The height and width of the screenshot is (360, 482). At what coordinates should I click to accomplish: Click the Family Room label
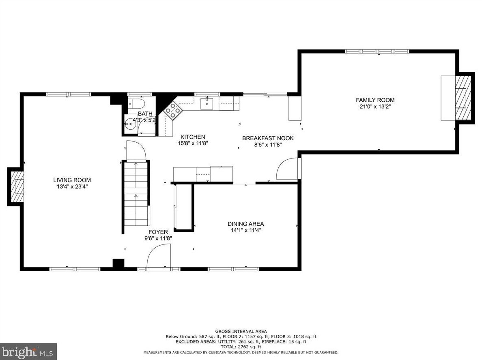pyautogui.click(x=375, y=100)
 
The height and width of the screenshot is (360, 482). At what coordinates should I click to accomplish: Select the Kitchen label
pyautogui.click(x=193, y=137)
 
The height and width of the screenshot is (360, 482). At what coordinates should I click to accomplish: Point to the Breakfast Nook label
pyautogui.click(x=268, y=138)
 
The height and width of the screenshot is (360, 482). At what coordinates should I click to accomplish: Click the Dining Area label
pyautogui.click(x=245, y=224)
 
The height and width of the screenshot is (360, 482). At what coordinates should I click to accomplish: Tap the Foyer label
pyautogui.click(x=158, y=232)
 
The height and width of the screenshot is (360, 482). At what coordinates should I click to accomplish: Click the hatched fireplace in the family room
pyautogui.click(x=463, y=98)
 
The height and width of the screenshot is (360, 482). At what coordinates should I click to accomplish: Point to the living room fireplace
pyautogui.click(x=17, y=186)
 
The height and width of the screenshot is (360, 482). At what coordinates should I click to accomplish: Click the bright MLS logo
pyautogui.click(x=28, y=351)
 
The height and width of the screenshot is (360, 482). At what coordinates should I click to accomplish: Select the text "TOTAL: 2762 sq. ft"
pyautogui.click(x=241, y=347)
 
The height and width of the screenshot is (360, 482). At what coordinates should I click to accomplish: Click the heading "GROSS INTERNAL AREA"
pyautogui.click(x=241, y=332)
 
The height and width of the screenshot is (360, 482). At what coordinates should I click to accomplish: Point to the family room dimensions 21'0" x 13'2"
pyautogui.click(x=375, y=107)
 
